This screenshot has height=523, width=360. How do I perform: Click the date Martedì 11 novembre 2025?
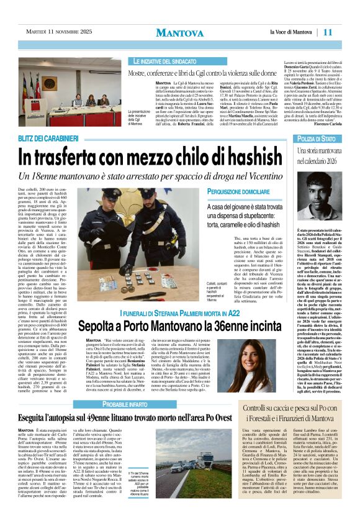[56, 32]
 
